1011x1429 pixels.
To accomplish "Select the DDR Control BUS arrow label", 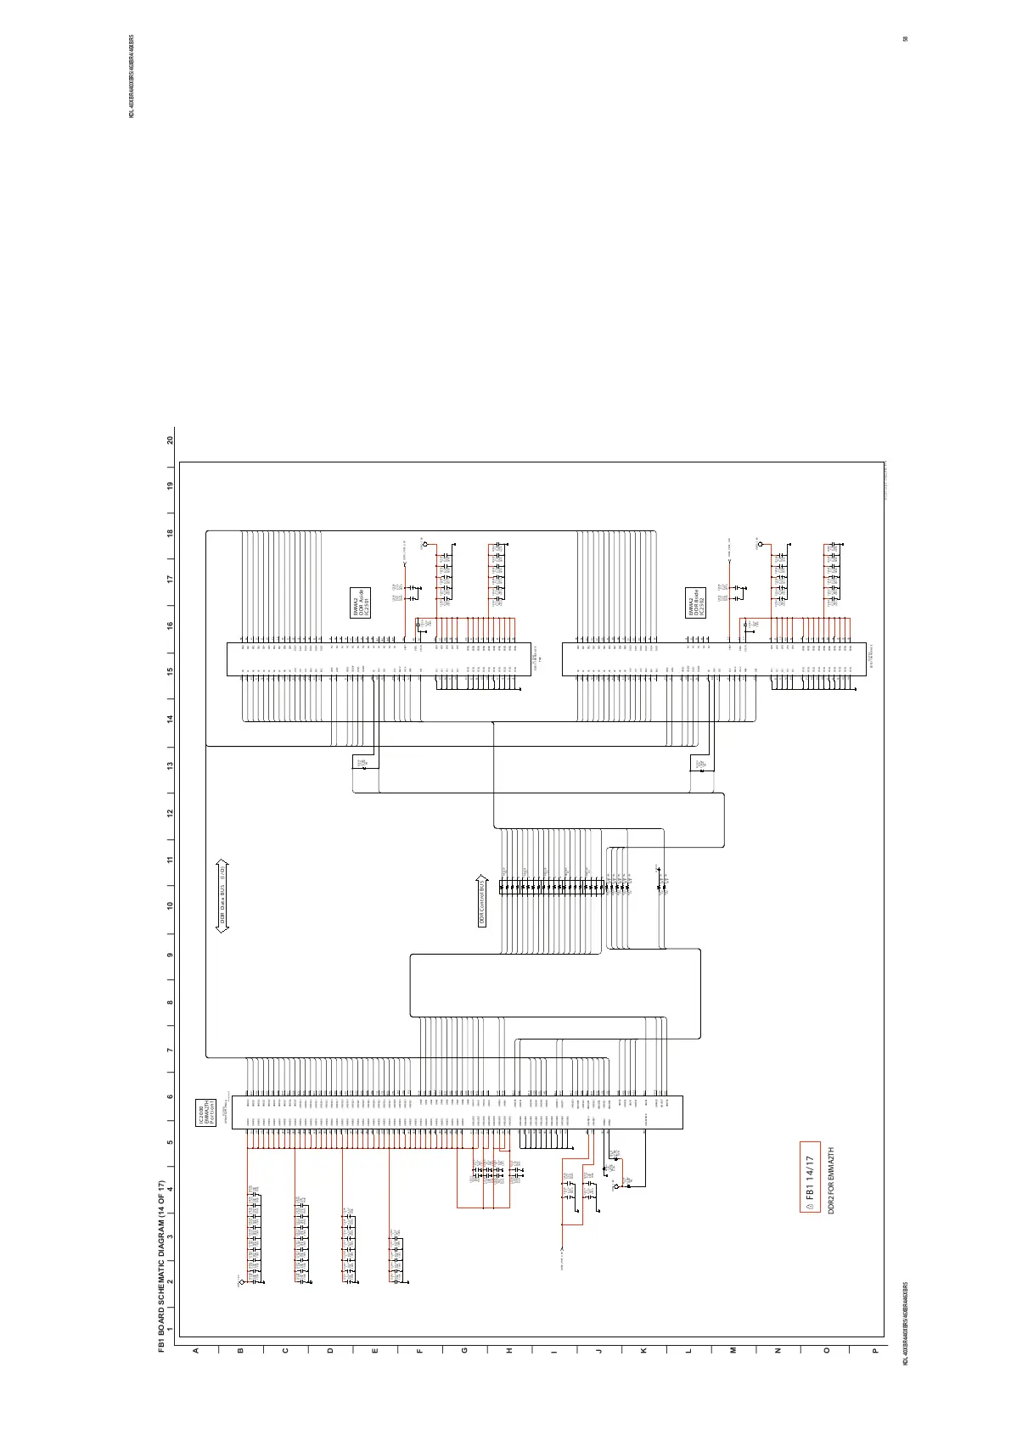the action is click(482, 901).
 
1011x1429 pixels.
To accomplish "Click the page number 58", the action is click(907, 39).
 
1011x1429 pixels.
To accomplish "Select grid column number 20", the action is click(171, 441).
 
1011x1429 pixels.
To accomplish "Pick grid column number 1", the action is click(171, 1330).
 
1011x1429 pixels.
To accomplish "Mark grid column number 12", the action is click(171, 813).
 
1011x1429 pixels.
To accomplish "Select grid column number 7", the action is click(171, 1049).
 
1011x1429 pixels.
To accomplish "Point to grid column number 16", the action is click(171, 625).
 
